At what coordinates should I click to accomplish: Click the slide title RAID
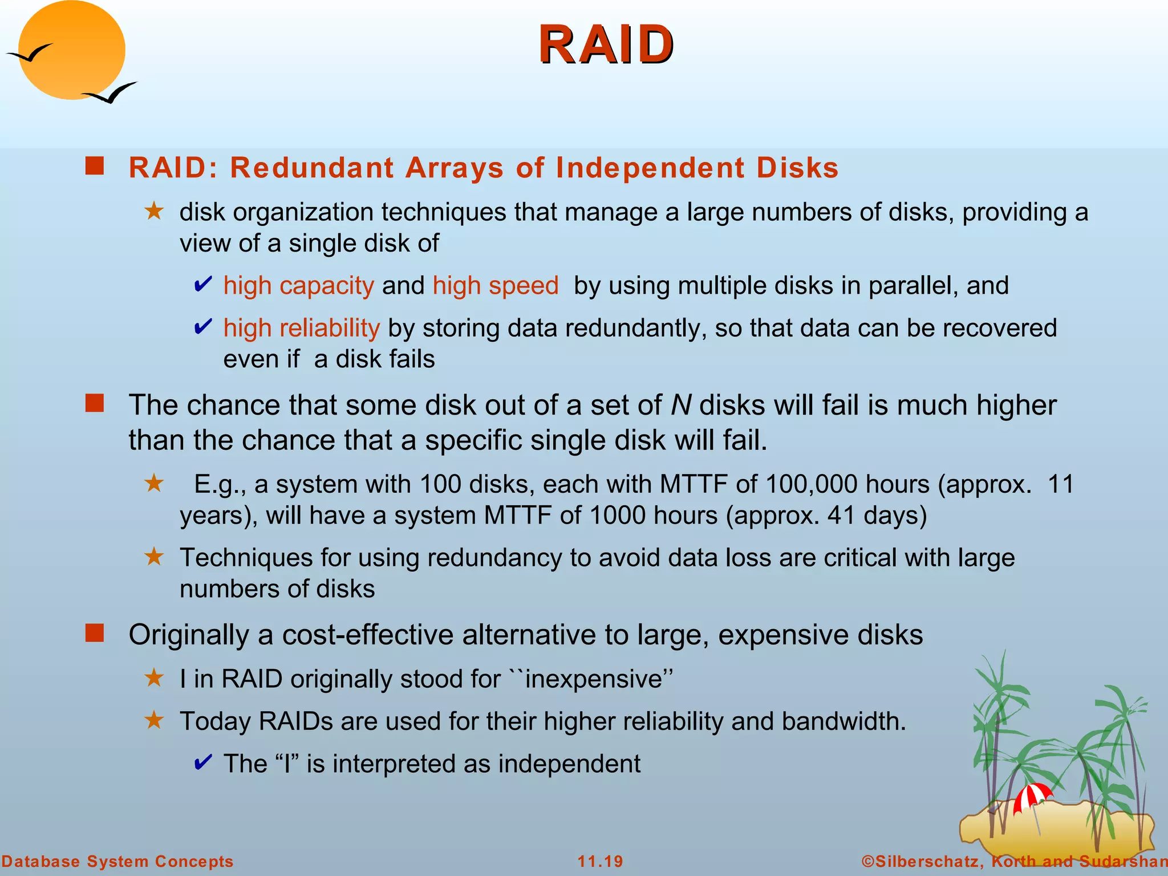[606, 46]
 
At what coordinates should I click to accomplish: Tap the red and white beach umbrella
[1032, 795]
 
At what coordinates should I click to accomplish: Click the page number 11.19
[600, 861]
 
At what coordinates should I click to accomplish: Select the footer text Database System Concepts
[117, 861]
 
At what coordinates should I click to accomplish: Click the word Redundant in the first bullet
[311, 168]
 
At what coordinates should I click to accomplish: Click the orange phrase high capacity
[298, 285]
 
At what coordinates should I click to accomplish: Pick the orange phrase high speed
[495, 285]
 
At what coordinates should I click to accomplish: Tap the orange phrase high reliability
[301, 328]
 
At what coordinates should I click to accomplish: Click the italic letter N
[680, 405]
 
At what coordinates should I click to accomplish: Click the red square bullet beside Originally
[95, 633]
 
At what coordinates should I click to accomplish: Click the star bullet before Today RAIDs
[154, 720]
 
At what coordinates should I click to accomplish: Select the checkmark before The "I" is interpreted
[203, 762]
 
